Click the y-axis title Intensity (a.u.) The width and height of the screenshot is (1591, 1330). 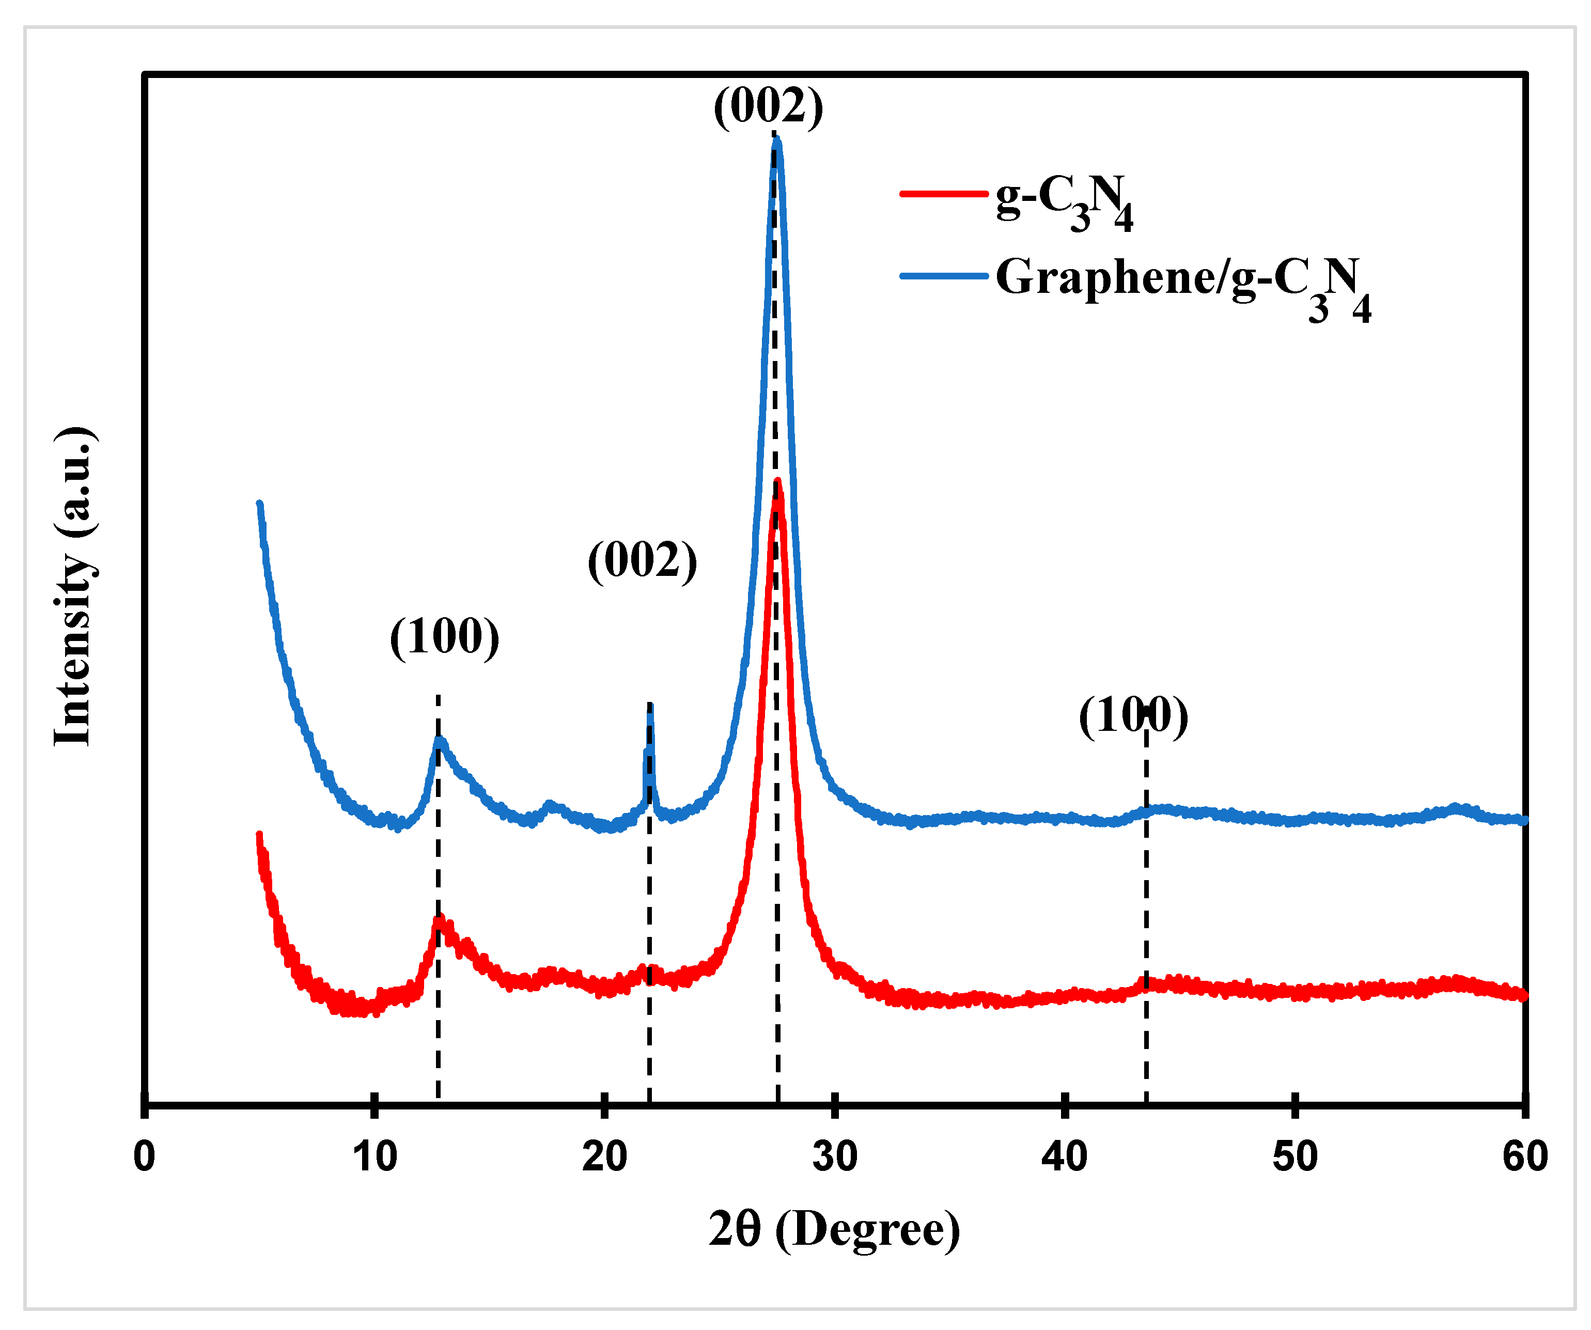pyautogui.click(x=73, y=587)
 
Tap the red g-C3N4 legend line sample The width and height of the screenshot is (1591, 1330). pyautogui.click(x=943, y=194)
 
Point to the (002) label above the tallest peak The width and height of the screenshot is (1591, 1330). pyautogui.click(x=768, y=106)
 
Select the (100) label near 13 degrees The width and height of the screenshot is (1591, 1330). pyautogui.click(x=445, y=636)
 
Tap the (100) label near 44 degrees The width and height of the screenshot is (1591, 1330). pyautogui.click(x=1133, y=716)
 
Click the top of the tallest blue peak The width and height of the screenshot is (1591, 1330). pyautogui.click(x=776, y=140)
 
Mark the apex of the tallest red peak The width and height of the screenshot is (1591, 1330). pyautogui.click(x=777, y=482)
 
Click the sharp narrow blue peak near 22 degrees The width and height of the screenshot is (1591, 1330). pyautogui.click(x=650, y=707)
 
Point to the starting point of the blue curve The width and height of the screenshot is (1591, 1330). pyautogui.click(x=260, y=504)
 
